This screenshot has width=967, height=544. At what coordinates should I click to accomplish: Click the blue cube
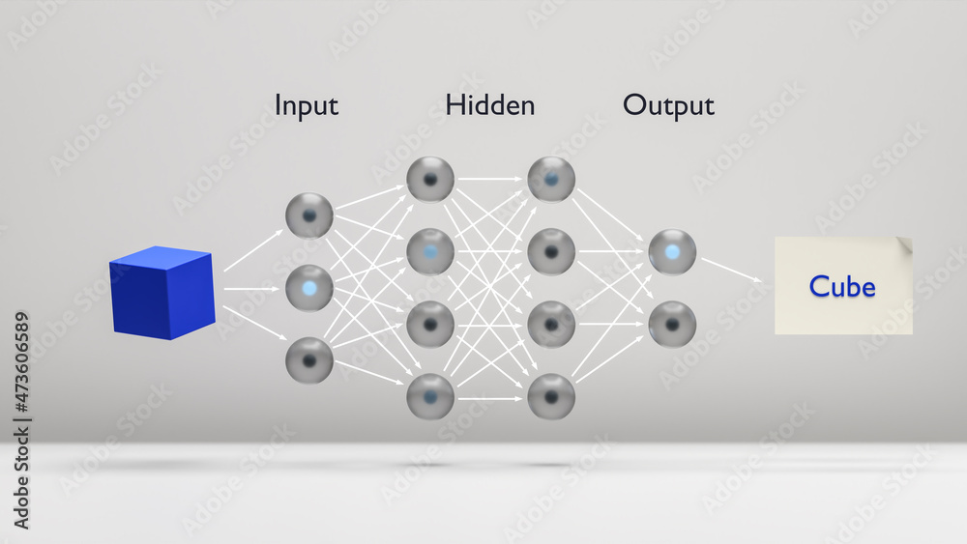click(161, 294)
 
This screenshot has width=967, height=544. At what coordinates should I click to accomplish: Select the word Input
click(307, 105)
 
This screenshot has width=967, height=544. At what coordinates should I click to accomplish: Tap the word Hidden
click(490, 105)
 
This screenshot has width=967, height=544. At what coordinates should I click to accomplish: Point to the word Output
click(668, 105)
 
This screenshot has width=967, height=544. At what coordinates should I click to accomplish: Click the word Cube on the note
click(842, 287)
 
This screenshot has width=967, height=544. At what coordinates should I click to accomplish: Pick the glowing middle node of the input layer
click(309, 288)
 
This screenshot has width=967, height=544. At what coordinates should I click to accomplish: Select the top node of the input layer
click(309, 215)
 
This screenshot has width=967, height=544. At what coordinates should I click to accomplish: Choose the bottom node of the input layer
click(309, 360)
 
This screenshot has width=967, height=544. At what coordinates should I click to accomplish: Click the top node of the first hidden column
click(430, 179)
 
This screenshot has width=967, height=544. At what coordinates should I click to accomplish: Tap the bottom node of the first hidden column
click(430, 396)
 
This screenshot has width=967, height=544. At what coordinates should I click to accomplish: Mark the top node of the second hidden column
click(551, 179)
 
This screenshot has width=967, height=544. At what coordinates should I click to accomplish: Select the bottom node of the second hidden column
click(551, 396)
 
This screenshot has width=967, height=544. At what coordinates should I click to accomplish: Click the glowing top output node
click(672, 252)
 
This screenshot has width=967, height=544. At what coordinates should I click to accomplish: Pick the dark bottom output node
click(672, 324)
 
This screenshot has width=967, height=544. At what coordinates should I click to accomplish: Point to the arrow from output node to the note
click(732, 271)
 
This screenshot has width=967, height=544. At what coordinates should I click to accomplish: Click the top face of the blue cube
click(161, 257)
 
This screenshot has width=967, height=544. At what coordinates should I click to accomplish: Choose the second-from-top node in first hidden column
click(430, 251)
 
